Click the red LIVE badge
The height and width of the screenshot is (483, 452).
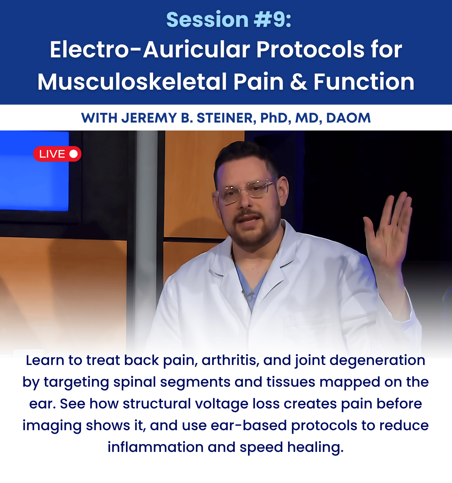(57, 154)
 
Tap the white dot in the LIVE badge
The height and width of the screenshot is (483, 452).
(74, 154)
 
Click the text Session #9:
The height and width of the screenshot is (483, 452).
(229, 20)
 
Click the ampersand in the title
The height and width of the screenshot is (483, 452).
(298, 82)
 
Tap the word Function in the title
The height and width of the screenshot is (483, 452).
(364, 82)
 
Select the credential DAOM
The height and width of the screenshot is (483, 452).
(348, 118)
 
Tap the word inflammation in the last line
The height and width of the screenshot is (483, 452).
(156, 447)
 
